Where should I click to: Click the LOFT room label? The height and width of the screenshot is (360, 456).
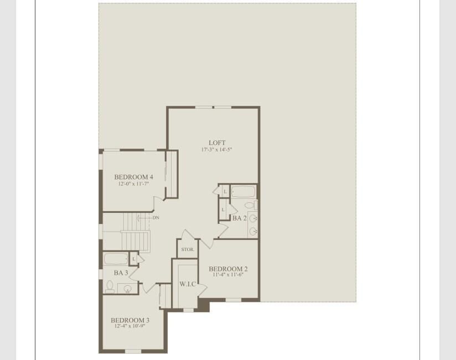pyautogui.click(x=217, y=143)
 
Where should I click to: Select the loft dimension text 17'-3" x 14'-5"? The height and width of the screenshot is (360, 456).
pyautogui.click(x=217, y=150)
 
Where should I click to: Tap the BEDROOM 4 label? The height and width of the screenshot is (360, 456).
pyautogui.click(x=134, y=177)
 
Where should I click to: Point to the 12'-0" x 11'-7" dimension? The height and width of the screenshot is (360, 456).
pyautogui.click(x=134, y=184)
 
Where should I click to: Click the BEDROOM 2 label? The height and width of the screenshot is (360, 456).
pyautogui.click(x=228, y=269)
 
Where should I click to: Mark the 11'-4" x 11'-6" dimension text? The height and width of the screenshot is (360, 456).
pyautogui.click(x=228, y=275)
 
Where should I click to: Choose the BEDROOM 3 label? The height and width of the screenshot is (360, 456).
pyautogui.click(x=130, y=320)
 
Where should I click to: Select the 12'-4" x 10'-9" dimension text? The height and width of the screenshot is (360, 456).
pyautogui.click(x=130, y=326)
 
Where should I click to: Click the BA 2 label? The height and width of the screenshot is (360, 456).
pyautogui.click(x=239, y=218)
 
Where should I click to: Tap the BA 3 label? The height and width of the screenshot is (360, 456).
pyautogui.click(x=121, y=273)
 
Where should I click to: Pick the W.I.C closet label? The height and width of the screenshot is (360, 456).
pyautogui.click(x=188, y=284)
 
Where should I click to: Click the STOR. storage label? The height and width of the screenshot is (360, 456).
pyautogui.click(x=188, y=249)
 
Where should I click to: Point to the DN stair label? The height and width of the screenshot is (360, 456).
pyautogui.click(x=156, y=218)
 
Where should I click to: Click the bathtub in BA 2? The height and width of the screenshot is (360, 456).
pyautogui.click(x=243, y=192)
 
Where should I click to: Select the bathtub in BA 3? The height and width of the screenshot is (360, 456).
pyautogui.click(x=116, y=258)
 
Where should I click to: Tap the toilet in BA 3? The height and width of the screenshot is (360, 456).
pyautogui.click(x=110, y=286)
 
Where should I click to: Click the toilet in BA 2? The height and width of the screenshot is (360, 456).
pyautogui.click(x=249, y=206)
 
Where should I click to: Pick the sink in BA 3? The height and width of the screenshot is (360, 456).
pyautogui.click(x=128, y=288)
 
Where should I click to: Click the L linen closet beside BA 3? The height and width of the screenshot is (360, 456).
pyautogui.click(x=133, y=259)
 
